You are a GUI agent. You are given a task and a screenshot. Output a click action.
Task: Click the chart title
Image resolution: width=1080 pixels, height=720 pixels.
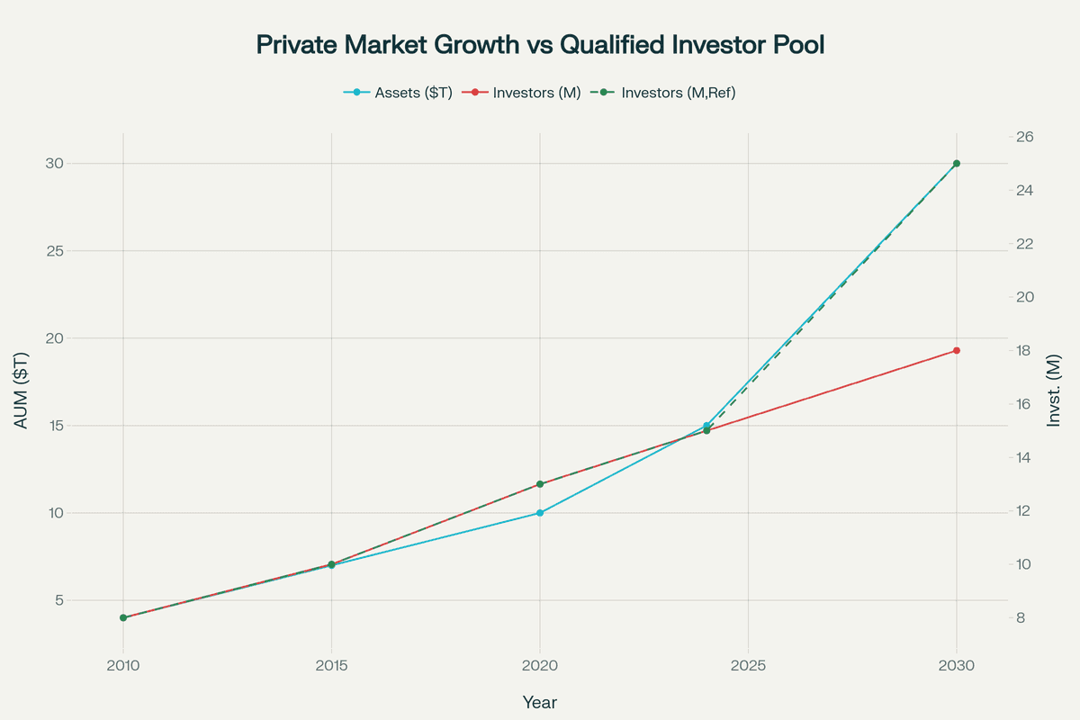coord(540,45)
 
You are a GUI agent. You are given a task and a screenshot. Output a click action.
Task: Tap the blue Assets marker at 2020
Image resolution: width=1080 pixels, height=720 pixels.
coord(540,513)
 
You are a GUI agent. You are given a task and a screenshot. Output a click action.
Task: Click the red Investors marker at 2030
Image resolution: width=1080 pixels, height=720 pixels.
coord(957,350)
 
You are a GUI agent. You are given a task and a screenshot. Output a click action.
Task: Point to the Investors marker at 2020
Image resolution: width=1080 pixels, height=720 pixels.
coord(540,484)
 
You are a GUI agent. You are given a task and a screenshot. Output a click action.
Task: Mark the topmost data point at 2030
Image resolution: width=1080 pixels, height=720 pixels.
coord(957,163)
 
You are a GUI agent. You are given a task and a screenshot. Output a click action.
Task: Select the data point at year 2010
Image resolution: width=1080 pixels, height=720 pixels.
coord(123,617)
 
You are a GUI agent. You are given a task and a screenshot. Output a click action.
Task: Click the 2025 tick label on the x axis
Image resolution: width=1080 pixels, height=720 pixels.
coord(748,666)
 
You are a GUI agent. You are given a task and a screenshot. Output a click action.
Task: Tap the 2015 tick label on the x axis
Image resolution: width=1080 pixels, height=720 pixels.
coord(331,666)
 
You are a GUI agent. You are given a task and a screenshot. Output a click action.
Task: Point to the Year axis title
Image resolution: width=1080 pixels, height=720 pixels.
coord(540,701)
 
